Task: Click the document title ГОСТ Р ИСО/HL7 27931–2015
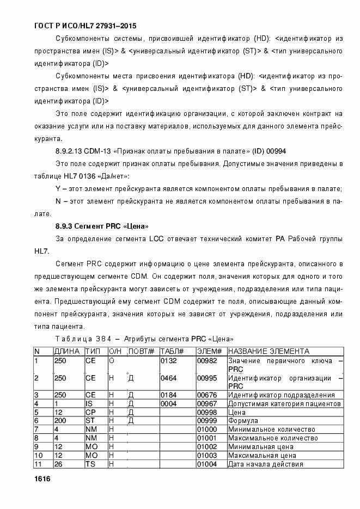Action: (x=85, y=26)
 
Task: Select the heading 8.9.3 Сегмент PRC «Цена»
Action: (x=102, y=226)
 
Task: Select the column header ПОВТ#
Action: (x=141, y=351)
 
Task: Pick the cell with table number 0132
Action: (x=169, y=360)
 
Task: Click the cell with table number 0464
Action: (x=169, y=378)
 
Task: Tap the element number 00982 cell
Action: (x=207, y=360)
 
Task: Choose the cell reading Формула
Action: (x=243, y=421)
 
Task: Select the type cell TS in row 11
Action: (x=90, y=464)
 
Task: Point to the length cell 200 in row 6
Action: (x=60, y=421)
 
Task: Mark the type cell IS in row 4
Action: (x=89, y=403)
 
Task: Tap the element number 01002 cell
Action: (x=207, y=447)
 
